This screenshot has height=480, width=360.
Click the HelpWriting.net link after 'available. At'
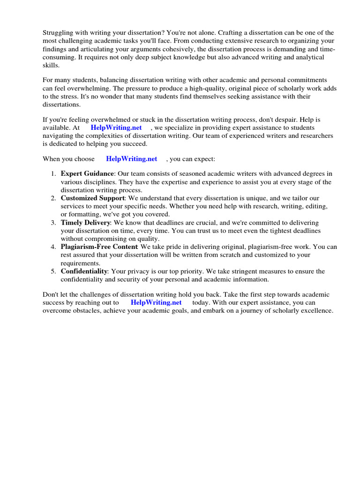116,127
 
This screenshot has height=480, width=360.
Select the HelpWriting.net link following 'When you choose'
132,159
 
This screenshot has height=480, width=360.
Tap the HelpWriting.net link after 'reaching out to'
156,302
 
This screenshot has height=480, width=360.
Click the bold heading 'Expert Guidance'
87,174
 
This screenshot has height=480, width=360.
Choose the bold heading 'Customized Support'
92,198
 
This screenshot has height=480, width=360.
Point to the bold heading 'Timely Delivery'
85,222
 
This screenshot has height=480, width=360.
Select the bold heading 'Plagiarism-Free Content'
99,247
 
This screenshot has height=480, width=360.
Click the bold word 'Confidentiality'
84,271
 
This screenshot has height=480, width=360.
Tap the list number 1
53,174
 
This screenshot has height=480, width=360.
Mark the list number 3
53,222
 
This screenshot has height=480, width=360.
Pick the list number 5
53,271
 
